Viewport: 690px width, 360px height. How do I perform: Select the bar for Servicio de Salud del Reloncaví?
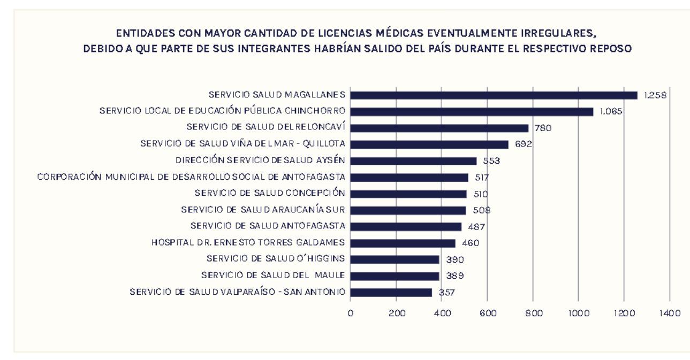coord(439,128)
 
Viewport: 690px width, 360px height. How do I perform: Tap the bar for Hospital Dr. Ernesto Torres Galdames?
coord(403,243)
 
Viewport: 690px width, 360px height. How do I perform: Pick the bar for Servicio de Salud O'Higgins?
coord(395,259)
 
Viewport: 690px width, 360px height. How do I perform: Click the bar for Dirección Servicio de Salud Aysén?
coord(413,161)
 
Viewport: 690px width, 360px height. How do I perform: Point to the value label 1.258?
coord(655,95)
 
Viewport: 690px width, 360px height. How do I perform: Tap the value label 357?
coord(446,293)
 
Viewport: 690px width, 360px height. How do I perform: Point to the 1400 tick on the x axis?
coord(670,313)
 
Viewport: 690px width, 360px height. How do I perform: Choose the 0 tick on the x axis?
coord(351,313)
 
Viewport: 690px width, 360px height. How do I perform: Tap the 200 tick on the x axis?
coord(396,313)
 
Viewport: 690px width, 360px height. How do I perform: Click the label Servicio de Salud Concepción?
coord(270,193)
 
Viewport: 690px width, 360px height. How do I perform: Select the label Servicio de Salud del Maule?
coord(273,276)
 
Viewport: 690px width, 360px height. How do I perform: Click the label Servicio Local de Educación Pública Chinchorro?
coord(222,111)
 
